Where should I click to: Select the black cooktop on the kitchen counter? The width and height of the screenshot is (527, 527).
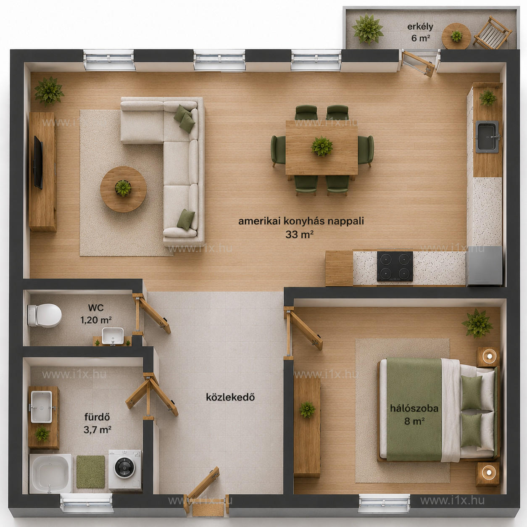click(x=395, y=266)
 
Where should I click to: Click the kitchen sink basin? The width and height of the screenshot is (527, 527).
click(x=487, y=137)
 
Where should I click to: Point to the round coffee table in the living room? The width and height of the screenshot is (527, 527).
click(x=123, y=189)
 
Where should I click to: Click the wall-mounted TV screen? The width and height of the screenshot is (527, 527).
click(x=38, y=162)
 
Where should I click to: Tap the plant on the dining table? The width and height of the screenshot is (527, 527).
click(x=322, y=146)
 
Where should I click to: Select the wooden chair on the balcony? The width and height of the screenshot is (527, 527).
click(x=492, y=33)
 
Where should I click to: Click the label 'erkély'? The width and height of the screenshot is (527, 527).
click(x=420, y=27)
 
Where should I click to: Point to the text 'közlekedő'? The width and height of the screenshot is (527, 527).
click(x=230, y=397)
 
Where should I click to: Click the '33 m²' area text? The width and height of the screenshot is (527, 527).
click(x=300, y=234)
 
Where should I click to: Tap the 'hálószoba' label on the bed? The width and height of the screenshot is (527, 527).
click(x=414, y=408)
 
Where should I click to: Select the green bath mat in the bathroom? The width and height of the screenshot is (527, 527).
click(x=90, y=472)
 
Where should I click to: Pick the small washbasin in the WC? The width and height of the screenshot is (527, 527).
click(x=113, y=335)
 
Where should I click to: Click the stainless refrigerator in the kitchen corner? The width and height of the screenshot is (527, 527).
click(x=484, y=266)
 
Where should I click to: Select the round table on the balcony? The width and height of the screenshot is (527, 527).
click(x=456, y=36)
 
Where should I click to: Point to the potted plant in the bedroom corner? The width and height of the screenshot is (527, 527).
click(x=477, y=323)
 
